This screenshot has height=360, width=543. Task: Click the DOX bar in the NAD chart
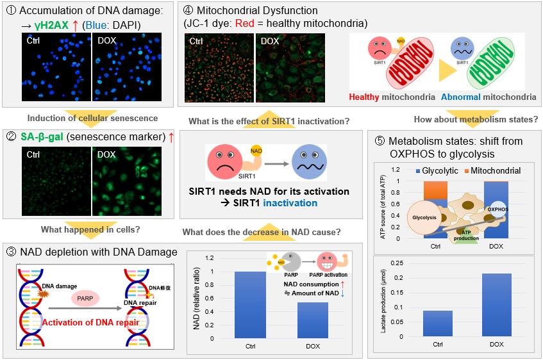(x=313, y=320)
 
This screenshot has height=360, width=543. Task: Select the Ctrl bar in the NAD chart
(x=251, y=305)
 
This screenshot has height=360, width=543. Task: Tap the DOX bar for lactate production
(x=497, y=305)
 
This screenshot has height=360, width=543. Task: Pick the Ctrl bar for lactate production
(x=437, y=323)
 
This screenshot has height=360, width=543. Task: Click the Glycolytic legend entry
(x=437, y=170)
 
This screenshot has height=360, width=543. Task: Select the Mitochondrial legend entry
(x=493, y=170)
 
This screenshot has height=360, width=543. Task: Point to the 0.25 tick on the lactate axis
(x=397, y=263)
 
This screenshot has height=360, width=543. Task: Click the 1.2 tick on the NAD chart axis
(x=210, y=258)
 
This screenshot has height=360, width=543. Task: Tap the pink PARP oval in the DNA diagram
(x=85, y=299)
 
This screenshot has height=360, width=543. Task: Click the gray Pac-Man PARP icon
(x=291, y=261)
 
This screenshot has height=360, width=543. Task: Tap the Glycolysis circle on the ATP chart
(x=424, y=217)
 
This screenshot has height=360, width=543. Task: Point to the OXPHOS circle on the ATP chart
(x=497, y=209)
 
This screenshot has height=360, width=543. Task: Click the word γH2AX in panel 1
(x=51, y=25)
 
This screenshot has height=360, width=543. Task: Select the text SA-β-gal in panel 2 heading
(x=42, y=137)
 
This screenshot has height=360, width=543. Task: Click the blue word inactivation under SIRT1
(x=290, y=203)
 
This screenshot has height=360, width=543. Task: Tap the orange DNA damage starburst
(x=43, y=294)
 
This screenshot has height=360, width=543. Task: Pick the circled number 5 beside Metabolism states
(x=380, y=141)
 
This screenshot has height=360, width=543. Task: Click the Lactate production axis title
(x=383, y=301)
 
